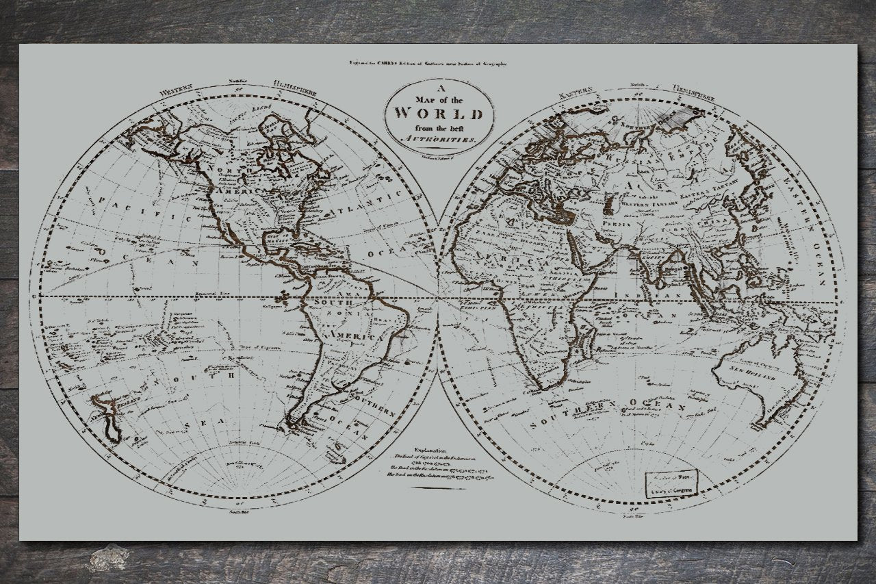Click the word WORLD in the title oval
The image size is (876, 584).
point(439,114)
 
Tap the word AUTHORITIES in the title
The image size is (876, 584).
point(439,139)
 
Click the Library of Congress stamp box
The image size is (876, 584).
point(671,483)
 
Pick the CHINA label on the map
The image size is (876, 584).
point(710,223)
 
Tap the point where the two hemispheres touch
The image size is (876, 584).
point(437,297)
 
